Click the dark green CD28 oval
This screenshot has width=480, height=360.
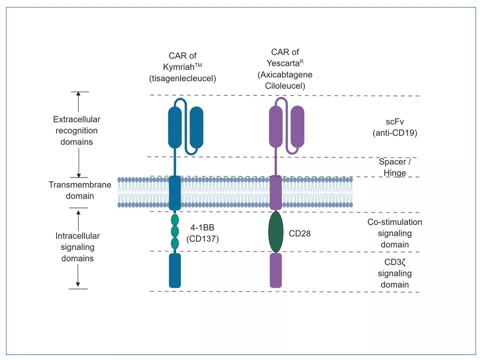(275, 232)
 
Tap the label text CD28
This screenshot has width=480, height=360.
(300, 233)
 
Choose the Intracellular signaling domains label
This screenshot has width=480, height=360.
(77, 247)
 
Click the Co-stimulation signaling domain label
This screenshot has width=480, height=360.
(395, 233)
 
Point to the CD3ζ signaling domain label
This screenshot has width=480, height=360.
(395, 273)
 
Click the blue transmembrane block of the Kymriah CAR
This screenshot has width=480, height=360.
(174, 192)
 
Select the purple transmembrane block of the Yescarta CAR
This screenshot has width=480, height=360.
(276, 192)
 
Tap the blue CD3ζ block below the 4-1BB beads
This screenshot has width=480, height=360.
(174, 270)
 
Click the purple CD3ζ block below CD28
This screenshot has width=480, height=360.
(276, 270)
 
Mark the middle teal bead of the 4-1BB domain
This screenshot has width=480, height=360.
(174, 231)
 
